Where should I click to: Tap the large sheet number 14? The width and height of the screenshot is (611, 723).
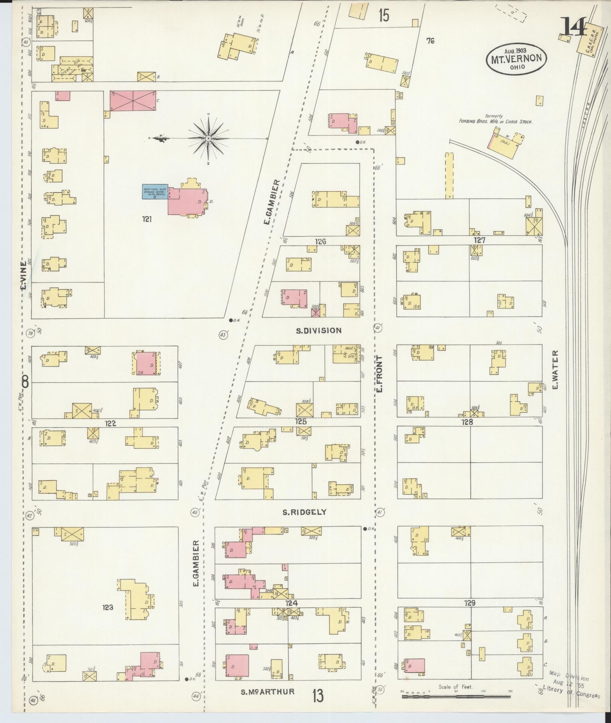pos(573,27)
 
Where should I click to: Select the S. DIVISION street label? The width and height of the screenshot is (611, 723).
pos(319,331)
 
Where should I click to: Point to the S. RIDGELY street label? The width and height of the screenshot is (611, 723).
pos(306,512)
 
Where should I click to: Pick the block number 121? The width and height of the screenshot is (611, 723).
pos(147,219)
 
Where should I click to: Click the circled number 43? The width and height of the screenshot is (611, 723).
pos(223,335)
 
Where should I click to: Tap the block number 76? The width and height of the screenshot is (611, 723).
pos(430,41)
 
